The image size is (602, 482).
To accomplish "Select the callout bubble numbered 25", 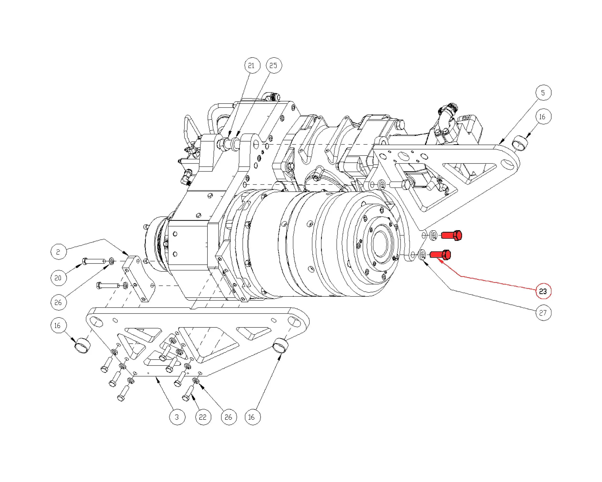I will click(274, 66).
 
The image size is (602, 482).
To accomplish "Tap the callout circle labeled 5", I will click(543, 93).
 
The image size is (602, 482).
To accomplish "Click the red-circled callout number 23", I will click(543, 291).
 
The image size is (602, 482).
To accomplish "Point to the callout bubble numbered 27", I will click(543, 313).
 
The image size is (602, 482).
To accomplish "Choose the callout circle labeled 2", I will click(58, 252).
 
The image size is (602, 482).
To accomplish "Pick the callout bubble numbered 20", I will click(58, 278).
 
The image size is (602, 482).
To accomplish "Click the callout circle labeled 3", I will click(177, 417).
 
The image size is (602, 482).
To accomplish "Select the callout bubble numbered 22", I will click(203, 417).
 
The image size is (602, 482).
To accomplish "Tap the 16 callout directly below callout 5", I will click(543, 117).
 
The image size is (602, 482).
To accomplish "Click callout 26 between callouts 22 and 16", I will click(229, 417).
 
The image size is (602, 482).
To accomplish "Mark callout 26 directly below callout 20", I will click(58, 302).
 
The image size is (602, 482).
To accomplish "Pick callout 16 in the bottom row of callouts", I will click(252, 417).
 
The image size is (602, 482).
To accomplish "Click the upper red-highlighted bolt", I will click(451, 235).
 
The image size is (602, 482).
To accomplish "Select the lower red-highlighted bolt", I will click(440, 255).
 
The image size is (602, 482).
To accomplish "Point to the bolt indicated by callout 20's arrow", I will click(93, 261).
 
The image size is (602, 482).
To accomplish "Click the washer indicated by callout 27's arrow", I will click(422, 255).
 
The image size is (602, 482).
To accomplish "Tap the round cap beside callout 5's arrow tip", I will click(520, 143).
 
